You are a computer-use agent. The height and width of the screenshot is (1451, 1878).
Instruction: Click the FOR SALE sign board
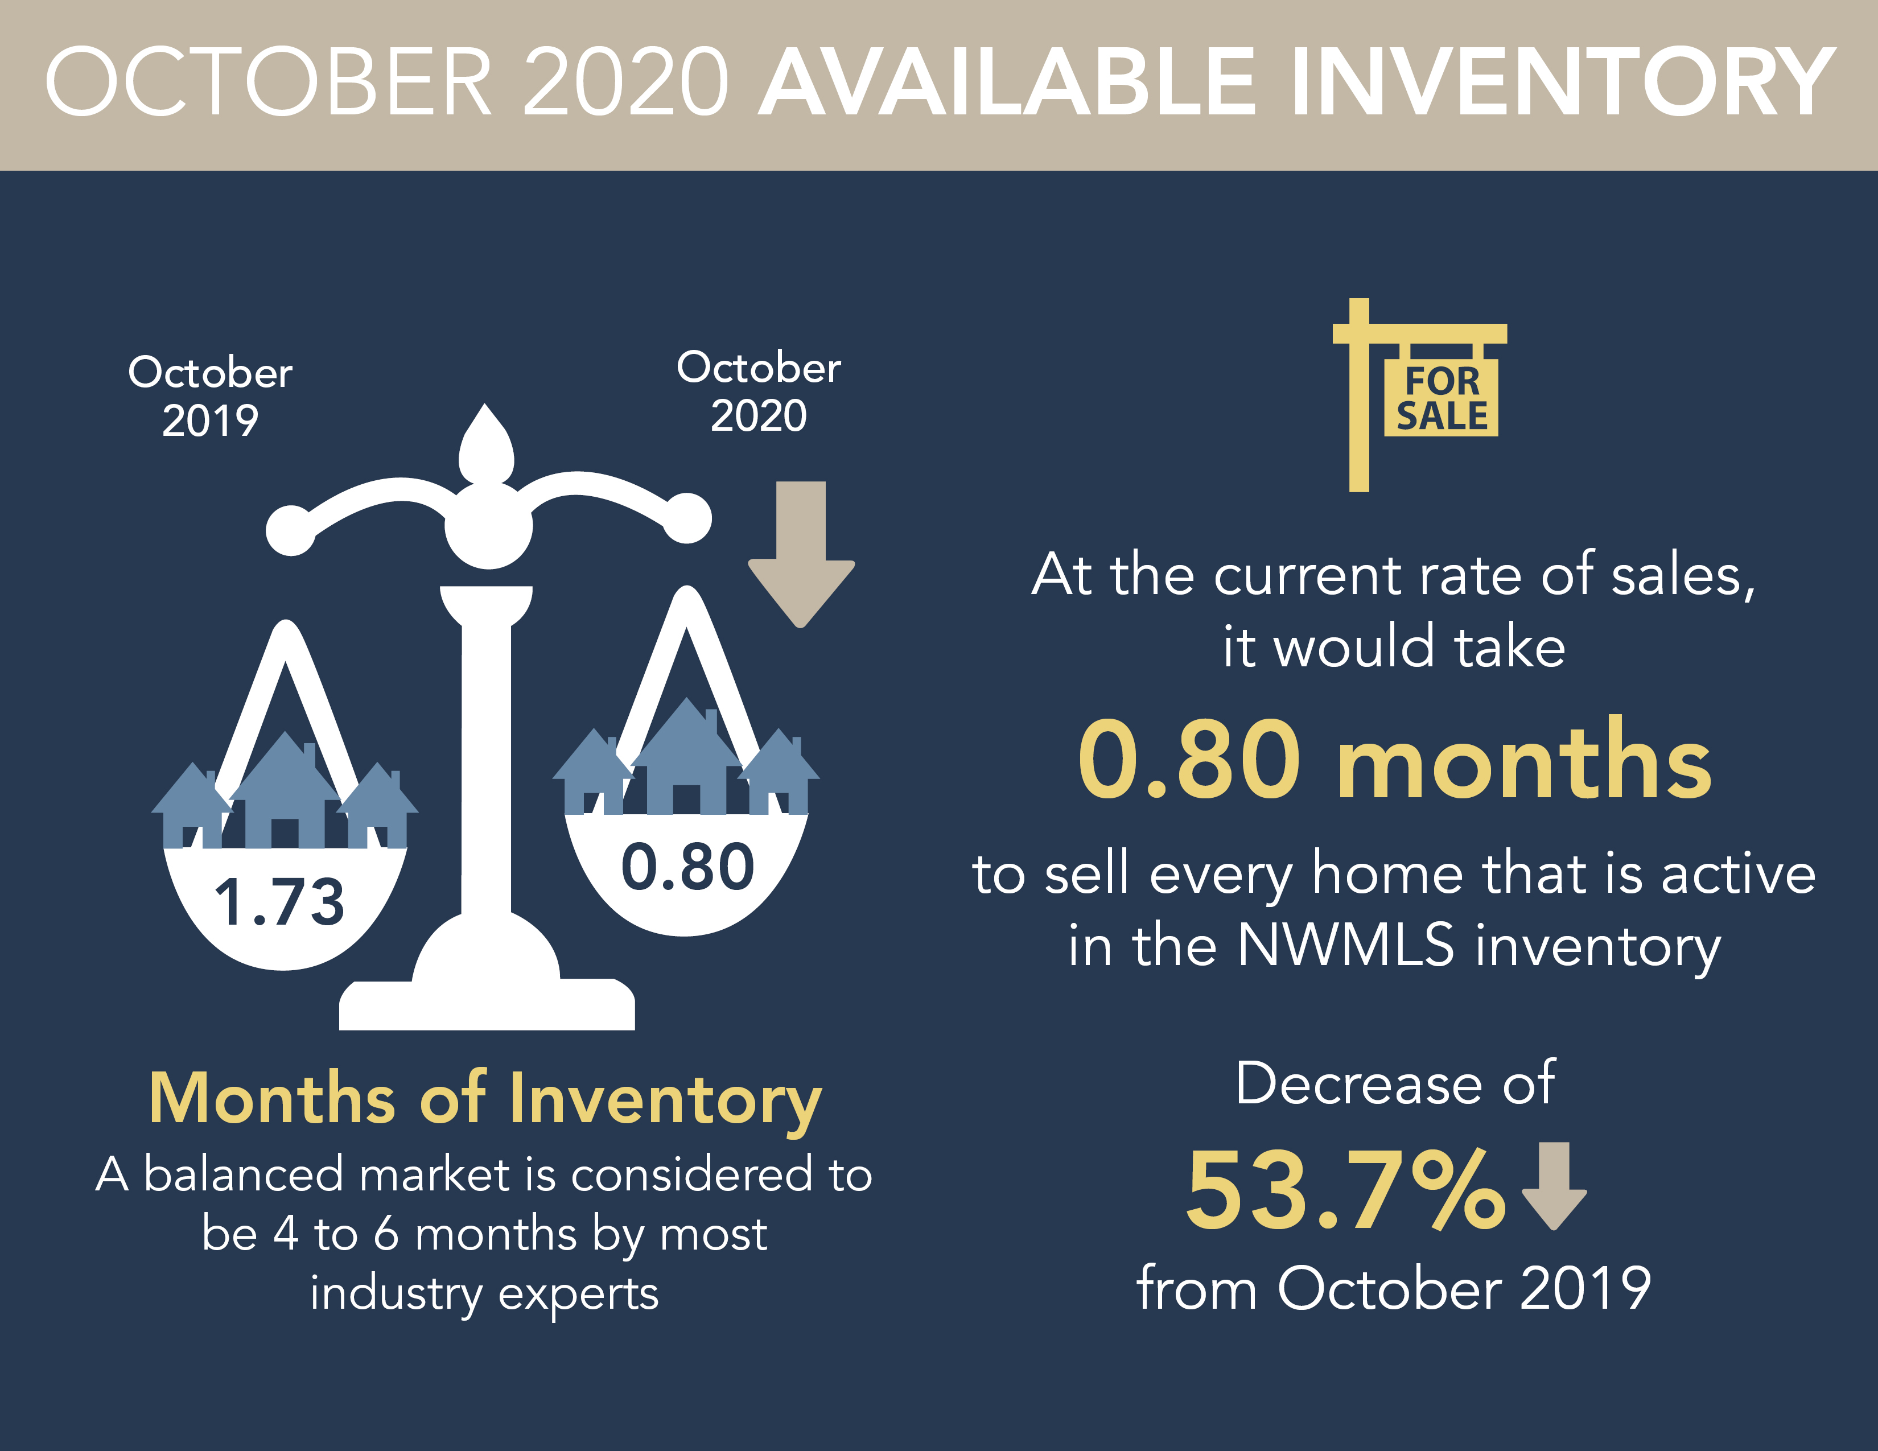coord(1441,397)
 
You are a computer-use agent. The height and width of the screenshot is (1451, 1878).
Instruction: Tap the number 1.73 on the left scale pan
coord(279,902)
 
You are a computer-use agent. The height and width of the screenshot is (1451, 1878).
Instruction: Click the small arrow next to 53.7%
coord(1554,1185)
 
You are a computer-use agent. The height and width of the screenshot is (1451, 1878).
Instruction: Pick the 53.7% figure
coord(1346,1190)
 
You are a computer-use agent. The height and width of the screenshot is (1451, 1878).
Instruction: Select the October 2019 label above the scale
coord(211,396)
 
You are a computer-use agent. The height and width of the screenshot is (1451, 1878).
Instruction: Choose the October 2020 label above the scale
coord(759,391)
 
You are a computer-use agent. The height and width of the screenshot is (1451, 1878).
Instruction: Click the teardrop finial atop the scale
coord(486,444)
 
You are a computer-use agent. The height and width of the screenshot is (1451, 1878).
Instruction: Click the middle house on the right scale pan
coord(686,756)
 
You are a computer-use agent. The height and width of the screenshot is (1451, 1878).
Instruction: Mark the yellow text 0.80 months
coord(1395,760)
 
